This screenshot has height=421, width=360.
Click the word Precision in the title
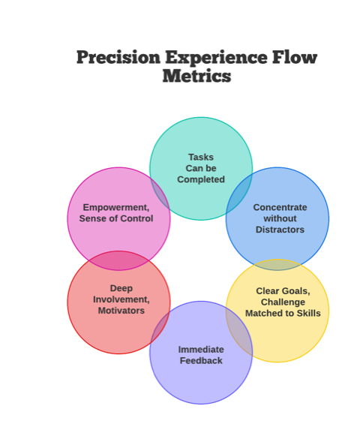pos(118,57)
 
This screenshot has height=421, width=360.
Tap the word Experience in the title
pos(216,57)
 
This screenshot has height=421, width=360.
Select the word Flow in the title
pos(295,57)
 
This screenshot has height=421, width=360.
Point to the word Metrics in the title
pos(196,76)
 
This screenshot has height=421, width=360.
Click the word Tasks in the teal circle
pos(201,157)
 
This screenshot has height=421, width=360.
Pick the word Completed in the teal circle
pos(201,179)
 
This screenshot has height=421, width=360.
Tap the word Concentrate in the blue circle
pos(280,207)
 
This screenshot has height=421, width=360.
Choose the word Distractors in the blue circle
pos(280,230)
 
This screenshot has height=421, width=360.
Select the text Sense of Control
pos(116,218)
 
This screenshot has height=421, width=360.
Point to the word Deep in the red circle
pos(121,289)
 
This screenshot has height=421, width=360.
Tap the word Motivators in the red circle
pos(121,311)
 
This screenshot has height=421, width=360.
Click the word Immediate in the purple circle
pos(201,349)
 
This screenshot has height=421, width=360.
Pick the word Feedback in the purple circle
pos(201,360)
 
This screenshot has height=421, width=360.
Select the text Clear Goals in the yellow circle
pos(283,291)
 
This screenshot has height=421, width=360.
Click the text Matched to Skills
pos(283,313)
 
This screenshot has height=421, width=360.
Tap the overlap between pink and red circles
pos(118,260)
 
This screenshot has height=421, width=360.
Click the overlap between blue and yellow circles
pos(277,265)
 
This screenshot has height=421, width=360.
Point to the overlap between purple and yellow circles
pos(238,332)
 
